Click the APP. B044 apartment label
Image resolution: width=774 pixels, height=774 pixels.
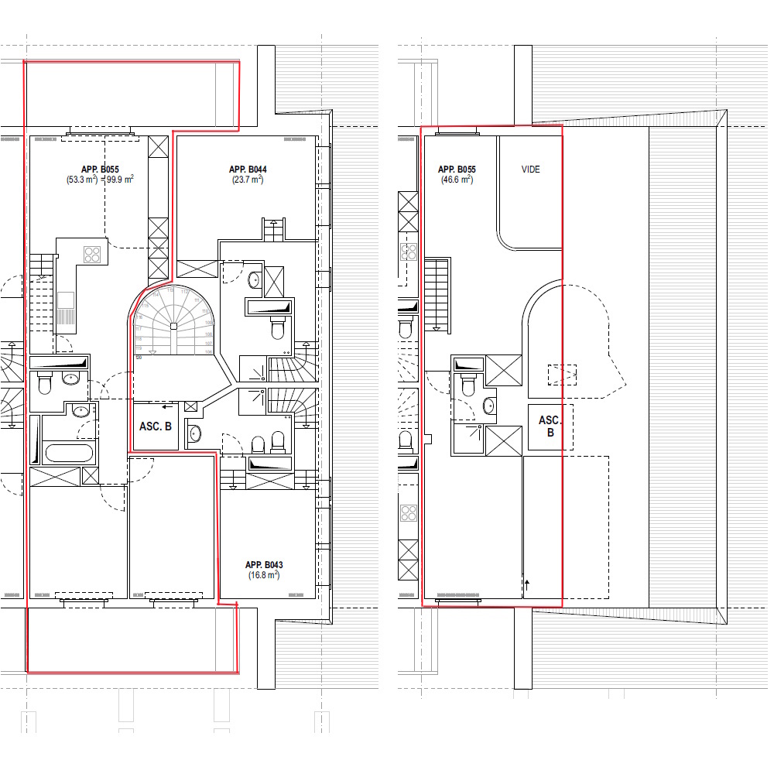(x=248, y=170)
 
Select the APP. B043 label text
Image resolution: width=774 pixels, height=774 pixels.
(x=264, y=565)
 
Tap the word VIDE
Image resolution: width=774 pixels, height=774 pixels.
(x=530, y=170)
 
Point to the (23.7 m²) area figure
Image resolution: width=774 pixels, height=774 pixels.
(x=248, y=180)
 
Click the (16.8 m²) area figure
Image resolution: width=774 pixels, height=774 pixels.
(x=264, y=576)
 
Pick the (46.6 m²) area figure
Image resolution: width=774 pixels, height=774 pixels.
(x=456, y=180)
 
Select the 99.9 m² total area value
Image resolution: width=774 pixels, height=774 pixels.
(x=120, y=180)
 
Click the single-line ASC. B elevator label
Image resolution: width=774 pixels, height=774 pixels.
(x=155, y=426)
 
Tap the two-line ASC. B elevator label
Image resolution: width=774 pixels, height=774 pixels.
(x=550, y=426)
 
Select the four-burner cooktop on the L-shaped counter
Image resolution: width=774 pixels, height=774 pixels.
(x=93, y=253)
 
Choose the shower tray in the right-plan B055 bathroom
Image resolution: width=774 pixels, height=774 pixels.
(x=468, y=437)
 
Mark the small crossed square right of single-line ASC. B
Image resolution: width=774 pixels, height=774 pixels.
(x=191, y=406)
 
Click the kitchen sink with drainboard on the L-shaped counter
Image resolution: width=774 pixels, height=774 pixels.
(x=65, y=308)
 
